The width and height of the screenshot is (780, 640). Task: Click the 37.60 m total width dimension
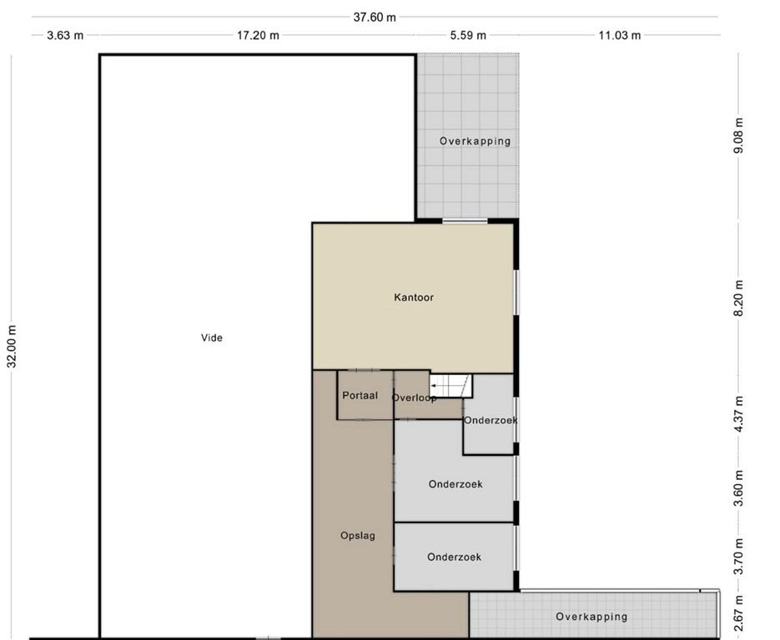tap(375, 17)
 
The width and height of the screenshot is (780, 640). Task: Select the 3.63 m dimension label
tap(65, 35)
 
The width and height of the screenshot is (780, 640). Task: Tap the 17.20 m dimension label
tap(258, 35)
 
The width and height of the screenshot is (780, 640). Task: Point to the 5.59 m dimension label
tap(468, 35)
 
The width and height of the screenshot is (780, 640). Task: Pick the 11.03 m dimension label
tap(619, 35)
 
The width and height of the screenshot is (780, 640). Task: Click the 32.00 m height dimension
tap(12, 347)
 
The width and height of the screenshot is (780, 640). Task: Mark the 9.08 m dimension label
tap(739, 136)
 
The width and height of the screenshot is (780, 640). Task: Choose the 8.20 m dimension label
tap(739, 298)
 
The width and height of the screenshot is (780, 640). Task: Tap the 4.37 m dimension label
tap(739, 414)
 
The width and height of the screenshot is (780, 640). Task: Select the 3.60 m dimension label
tap(739, 488)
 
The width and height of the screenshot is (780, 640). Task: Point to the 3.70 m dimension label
tap(739, 557)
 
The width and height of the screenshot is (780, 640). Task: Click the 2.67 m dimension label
tap(739, 613)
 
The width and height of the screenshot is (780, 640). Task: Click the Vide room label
tap(211, 337)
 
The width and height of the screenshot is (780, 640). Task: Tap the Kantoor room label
tap(414, 297)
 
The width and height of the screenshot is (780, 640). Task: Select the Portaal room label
tap(360, 396)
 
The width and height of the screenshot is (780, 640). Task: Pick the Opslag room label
tap(358, 536)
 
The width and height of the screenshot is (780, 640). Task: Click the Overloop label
tap(415, 398)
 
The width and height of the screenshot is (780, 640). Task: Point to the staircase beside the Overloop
tap(450, 386)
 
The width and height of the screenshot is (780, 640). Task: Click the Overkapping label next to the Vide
tap(475, 141)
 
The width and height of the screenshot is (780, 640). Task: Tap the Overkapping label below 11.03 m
tap(591, 617)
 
